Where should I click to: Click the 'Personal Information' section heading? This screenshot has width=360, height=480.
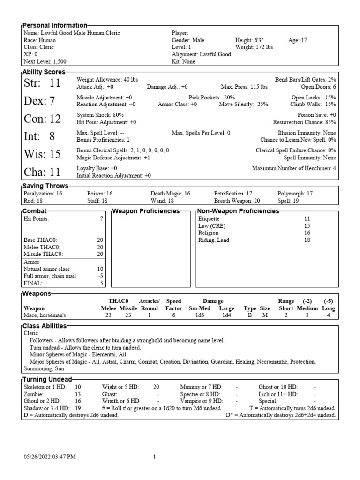[x=55, y=25]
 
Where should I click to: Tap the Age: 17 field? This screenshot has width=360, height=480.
[x=298, y=40]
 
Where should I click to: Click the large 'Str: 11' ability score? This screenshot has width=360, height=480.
[x=42, y=83]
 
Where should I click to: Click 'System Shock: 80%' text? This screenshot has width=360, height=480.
[x=100, y=115]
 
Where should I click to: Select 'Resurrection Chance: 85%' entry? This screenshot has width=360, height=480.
[x=304, y=122]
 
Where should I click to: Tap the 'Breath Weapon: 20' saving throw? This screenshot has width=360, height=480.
[x=237, y=201]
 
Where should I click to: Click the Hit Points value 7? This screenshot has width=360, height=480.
[x=101, y=219]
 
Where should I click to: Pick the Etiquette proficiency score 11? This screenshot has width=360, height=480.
[x=307, y=219]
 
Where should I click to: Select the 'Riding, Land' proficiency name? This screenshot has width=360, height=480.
[x=214, y=240]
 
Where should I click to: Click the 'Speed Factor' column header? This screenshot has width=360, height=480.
[x=173, y=305]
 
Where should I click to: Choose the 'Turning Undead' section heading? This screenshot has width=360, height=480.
[x=47, y=379]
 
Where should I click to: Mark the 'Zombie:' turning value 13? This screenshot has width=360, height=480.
[x=78, y=394]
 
